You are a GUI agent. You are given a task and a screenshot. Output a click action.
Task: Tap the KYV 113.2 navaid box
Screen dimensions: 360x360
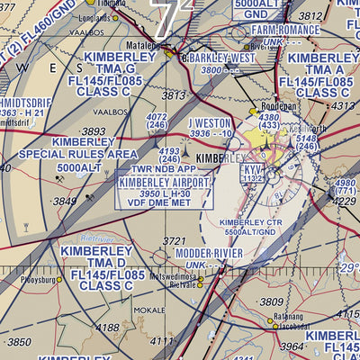[x=253, y=173]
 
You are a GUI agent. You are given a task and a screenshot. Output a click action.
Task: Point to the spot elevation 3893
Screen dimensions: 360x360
[x=94, y=131]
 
